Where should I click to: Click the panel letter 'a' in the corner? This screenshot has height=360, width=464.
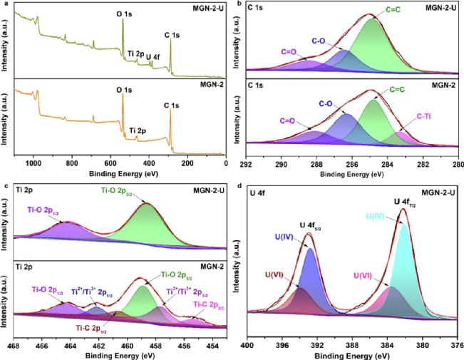(5, 6)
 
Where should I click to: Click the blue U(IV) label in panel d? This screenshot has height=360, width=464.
(283, 235)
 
